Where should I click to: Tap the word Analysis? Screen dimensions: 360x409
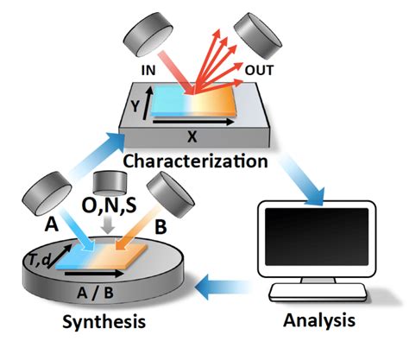pos(319,320)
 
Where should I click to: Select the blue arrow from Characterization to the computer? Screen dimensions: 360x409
pos(303,182)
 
